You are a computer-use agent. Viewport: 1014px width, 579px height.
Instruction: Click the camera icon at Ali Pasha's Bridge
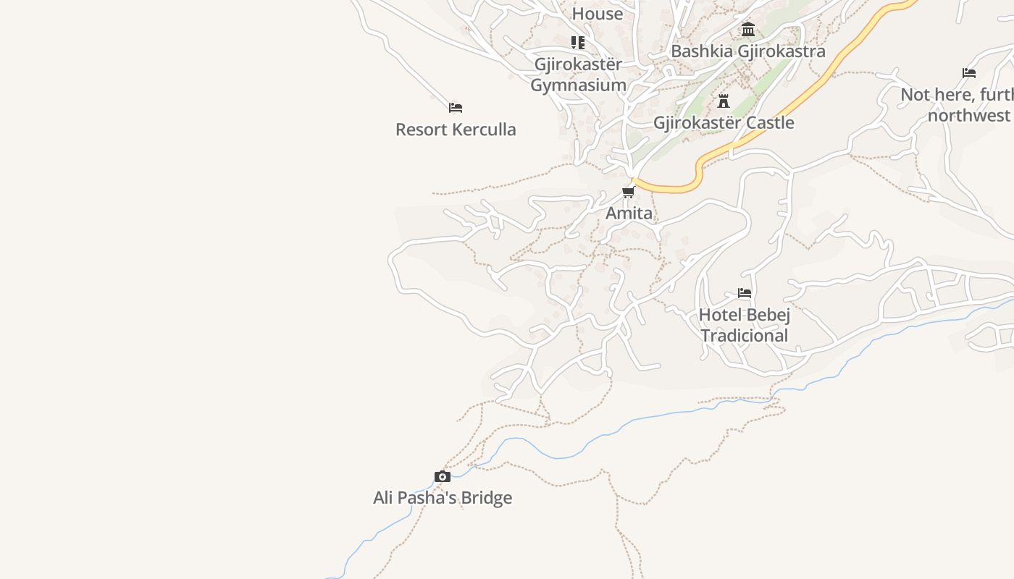(443, 476)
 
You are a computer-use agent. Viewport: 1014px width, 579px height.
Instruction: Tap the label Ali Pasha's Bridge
(443, 498)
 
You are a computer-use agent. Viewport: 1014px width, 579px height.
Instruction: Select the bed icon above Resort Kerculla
(456, 108)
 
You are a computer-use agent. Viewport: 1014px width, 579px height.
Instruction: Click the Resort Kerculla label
(456, 130)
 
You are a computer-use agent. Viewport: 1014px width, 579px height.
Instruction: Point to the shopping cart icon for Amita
(629, 192)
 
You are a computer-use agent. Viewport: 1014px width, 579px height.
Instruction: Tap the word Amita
(629, 214)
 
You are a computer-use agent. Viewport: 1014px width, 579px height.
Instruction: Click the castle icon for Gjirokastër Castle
(723, 101)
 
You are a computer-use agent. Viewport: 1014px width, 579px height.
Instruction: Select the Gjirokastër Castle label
(724, 123)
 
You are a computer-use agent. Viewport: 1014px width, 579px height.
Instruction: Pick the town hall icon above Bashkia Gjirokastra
(748, 30)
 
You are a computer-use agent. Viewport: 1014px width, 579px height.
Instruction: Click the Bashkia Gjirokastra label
(748, 51)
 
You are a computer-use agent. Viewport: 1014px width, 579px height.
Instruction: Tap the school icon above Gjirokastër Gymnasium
(577, 43)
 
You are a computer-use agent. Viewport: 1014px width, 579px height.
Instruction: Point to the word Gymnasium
(578, 85)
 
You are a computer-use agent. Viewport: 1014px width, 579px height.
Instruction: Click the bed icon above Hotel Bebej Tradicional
(745, 293)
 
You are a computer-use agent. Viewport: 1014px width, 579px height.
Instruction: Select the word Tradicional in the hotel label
(745, 336)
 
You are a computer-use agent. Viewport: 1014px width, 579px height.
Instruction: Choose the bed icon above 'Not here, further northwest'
(969, 73)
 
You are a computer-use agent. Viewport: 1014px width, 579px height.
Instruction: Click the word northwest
(968, 116)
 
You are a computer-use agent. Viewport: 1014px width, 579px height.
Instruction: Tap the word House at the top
(598, 14)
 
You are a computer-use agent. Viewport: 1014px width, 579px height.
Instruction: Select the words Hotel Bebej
(745, 315)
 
